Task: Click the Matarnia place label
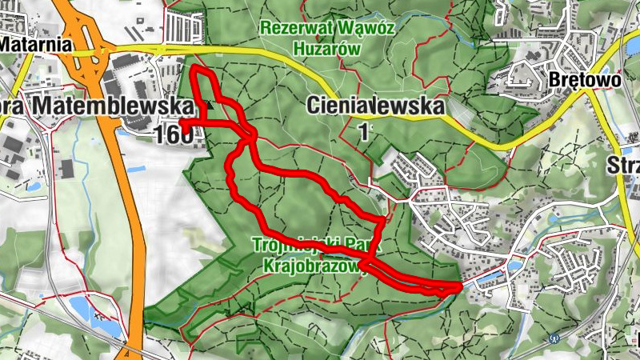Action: pos(35,46)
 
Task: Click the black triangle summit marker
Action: pos(210,104)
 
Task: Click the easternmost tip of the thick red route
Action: pos(460,286)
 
